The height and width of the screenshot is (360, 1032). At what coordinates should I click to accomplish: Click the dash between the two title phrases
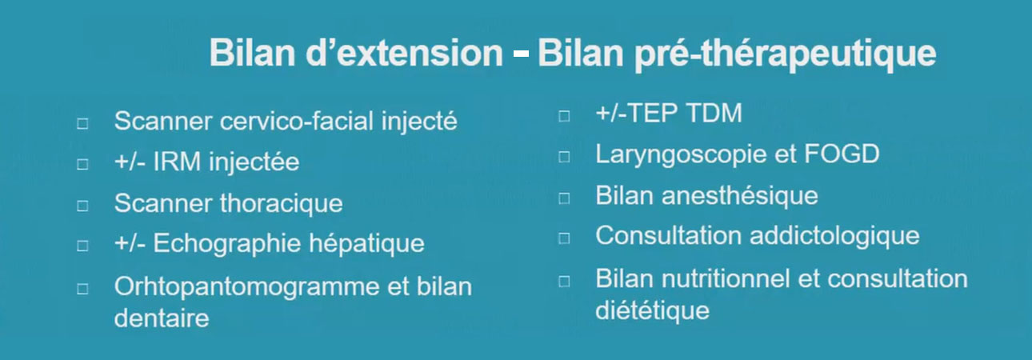(520, 55)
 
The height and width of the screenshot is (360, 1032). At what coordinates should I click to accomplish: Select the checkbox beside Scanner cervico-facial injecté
(82, 123)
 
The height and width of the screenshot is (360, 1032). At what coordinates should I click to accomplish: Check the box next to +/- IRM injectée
(82, 164)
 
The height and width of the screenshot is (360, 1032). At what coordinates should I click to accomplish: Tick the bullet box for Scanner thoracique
(82, 206)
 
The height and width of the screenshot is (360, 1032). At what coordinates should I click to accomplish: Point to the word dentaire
(162, 318)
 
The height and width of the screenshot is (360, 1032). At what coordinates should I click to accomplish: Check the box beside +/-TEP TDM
(564, 116)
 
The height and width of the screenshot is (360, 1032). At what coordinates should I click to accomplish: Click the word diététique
(652, 310)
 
